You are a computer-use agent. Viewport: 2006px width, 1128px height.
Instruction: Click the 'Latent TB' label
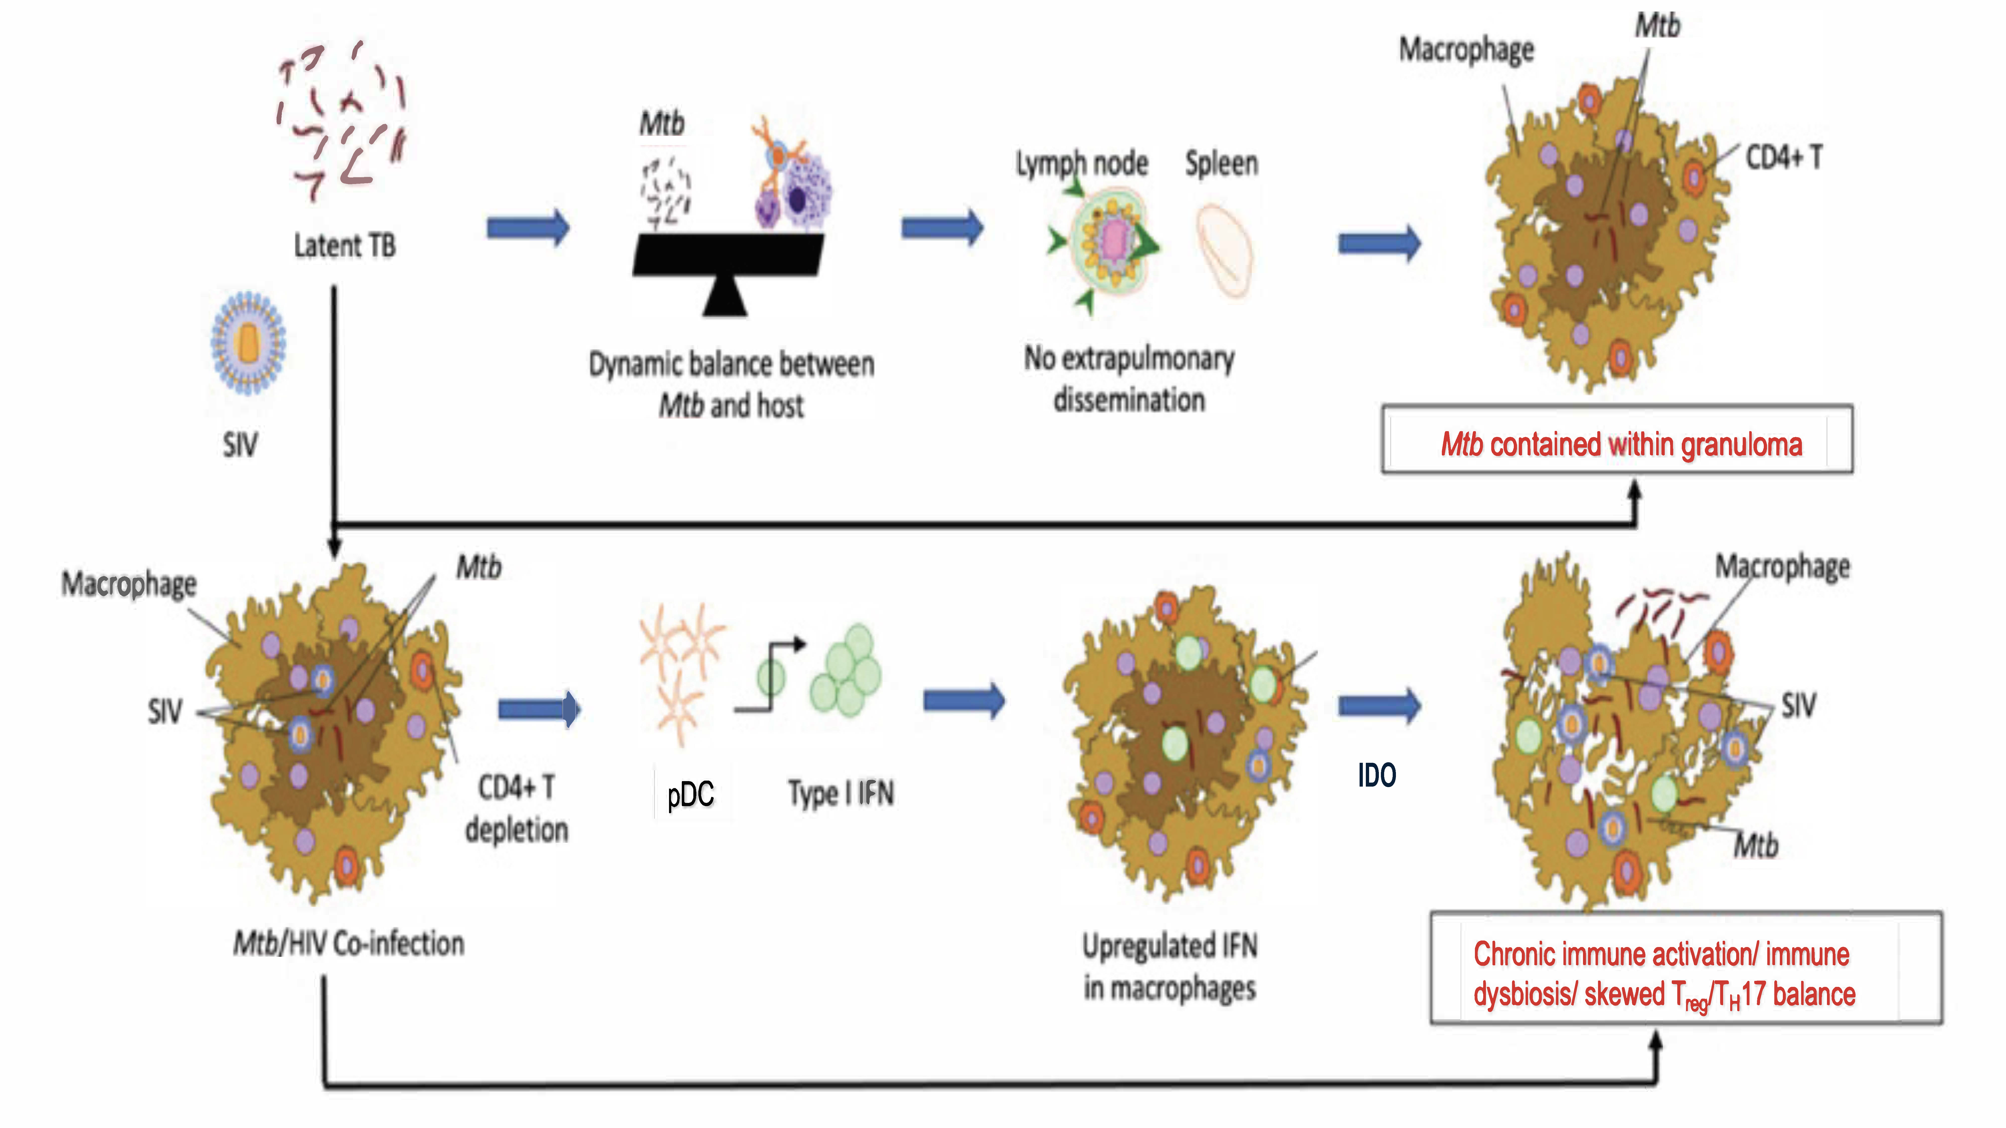pos(344,246)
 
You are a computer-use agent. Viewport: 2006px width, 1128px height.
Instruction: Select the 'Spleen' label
pos(1221,163)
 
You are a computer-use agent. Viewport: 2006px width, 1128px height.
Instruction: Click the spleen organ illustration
pos(1224,249)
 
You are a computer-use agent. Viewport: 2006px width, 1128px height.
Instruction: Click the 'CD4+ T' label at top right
pos(1783,158)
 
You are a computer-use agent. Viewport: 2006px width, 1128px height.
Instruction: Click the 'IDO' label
pos(1377,775)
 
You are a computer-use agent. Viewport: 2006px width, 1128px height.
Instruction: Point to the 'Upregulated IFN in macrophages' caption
pos(1170,967)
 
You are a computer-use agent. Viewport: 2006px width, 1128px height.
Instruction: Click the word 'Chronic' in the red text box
pos(1515,954)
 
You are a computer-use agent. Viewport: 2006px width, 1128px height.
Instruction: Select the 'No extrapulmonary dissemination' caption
pos(1129,379)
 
